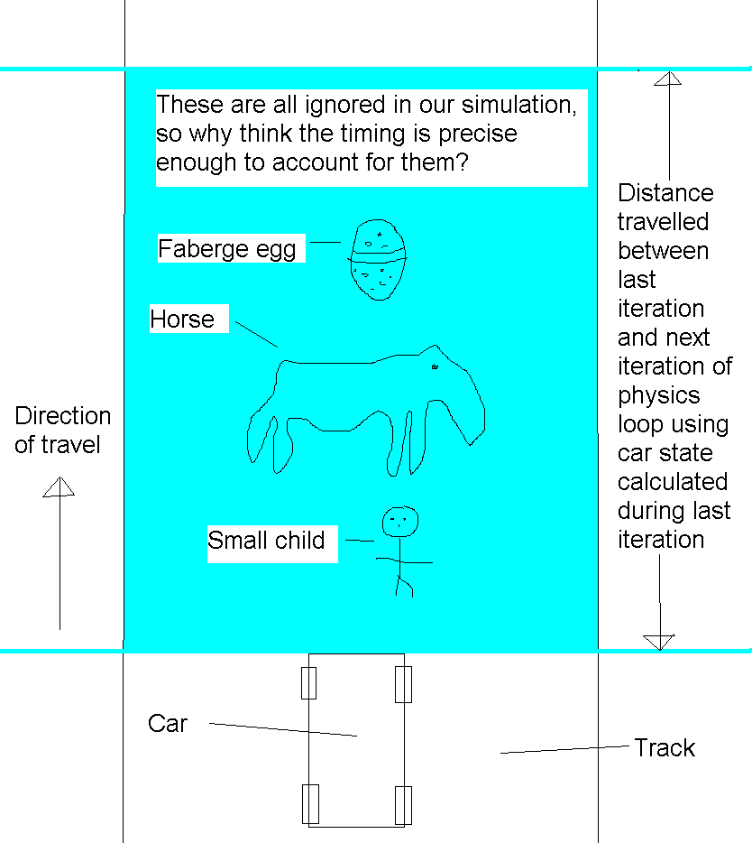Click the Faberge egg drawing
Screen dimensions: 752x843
coord(378,260)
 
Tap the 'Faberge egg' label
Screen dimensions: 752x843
coord(226,249)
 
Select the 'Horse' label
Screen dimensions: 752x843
coord(182,320)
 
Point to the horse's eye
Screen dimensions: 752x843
coord(436,366)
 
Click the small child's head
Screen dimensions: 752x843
coord(400,522)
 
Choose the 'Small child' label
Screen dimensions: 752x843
coord(266,541)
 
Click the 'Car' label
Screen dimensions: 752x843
coord(168,724)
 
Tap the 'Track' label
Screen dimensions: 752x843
coord(665,748)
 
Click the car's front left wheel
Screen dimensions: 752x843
coord(309,682)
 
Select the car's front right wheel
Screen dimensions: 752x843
coord(403,684)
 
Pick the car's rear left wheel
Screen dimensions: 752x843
coord(310,804)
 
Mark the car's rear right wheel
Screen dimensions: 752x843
coord(403,805)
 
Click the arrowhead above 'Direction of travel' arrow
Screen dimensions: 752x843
coord(60,486)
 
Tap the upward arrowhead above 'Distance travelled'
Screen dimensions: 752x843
coord(668,79)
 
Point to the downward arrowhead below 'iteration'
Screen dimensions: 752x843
coord(659,643)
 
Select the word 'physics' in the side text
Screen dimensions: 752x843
coord(659,396)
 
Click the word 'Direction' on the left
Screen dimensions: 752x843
coord(63,415)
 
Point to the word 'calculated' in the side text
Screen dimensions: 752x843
coord(673,482)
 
